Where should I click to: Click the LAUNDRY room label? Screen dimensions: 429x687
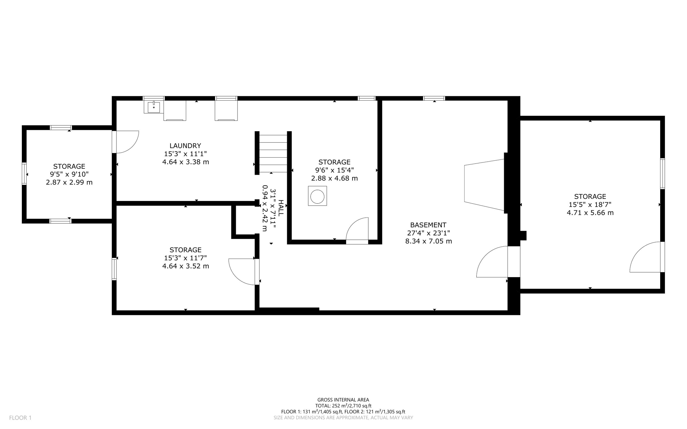pyautogui.click(x=185, y=146)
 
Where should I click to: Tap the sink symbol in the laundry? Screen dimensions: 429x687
pyautogui.click(x=154, y=107)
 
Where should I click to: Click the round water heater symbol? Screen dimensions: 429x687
pyautogui.click(x=317, y=197)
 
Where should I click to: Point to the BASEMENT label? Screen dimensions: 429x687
pyautogui.click(x=428, y=225)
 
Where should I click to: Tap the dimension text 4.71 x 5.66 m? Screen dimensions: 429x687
pyautogui.click(x=590, y=213)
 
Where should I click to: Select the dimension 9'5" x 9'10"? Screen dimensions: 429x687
pyautogui.click(x=69, y=174)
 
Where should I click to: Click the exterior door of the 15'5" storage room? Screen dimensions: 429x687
pyautogui.click(x=646, y=257)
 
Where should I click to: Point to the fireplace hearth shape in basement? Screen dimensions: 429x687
pyautogui.click(x=484, y=185)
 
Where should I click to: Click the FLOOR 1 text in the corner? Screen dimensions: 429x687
pyautogui.click(x=20, y=418)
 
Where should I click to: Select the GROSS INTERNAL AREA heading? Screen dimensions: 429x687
pyautogui.click(x=343, y=399)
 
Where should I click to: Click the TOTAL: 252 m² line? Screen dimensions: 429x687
pyautogui.click(x=343, y=406)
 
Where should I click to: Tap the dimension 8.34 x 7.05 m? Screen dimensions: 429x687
pyautogui.click(x=428, y=241)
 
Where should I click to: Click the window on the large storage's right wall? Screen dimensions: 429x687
pyautogui.click(x=663, y=174)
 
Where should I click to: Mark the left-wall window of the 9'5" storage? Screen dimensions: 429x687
pyautogui.click(x=24, y=173)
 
